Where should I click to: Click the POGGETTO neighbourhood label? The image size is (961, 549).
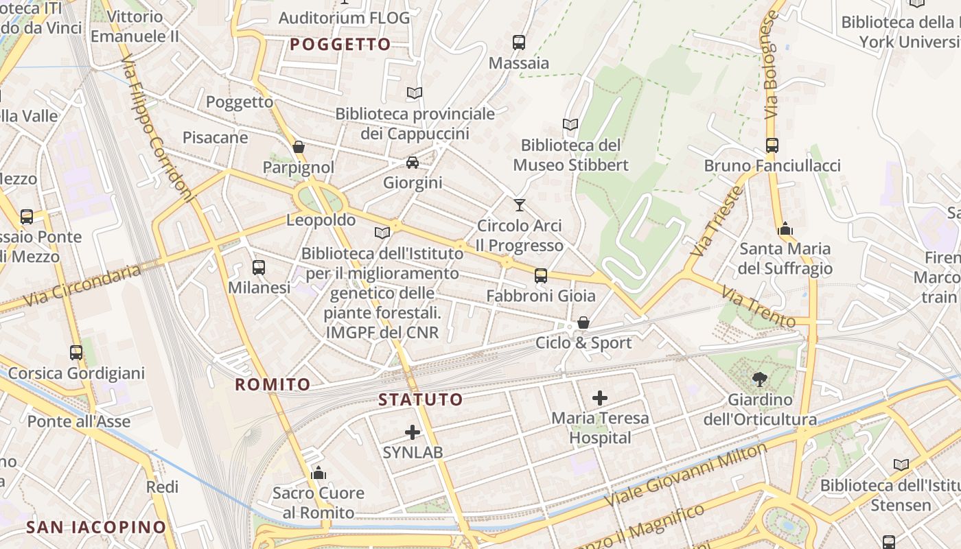[340, 45]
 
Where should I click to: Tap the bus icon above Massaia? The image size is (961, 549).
[519, 43]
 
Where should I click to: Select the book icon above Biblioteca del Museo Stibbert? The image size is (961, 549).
[570, 124]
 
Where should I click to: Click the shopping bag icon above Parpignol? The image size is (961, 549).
[299, 147]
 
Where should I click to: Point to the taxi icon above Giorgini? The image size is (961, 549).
[412, 163]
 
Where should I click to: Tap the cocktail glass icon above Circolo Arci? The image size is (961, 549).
[519, 205]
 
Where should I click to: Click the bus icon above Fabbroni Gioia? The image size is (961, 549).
[541, 276]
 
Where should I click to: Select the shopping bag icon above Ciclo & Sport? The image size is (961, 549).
[583, 323]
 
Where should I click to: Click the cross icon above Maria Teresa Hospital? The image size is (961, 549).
[600, 397]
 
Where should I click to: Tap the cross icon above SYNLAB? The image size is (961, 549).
[413, 432]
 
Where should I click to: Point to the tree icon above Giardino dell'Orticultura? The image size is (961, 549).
[760, 379]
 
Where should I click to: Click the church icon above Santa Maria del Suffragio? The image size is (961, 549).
[785, 229]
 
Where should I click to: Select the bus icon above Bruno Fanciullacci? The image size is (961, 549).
[772, 145]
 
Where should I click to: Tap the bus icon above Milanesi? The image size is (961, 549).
[259, 267]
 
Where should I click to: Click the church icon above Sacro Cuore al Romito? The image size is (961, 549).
[319, 473]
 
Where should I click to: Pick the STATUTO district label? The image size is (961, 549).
[421, 399]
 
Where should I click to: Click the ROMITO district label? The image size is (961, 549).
[273, 384]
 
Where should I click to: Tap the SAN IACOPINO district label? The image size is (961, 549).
[96, 527]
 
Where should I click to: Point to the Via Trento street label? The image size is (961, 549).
[758, 306]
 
